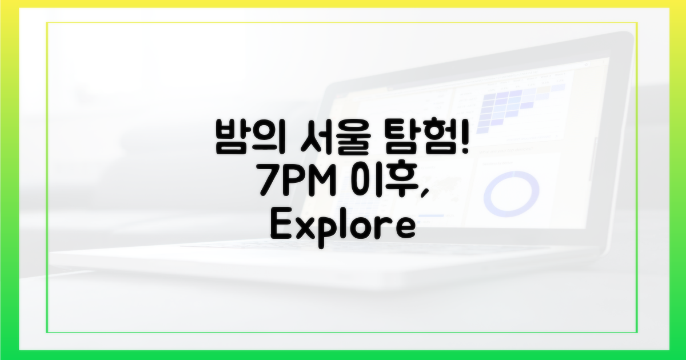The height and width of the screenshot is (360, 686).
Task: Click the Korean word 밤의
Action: pos(250,137)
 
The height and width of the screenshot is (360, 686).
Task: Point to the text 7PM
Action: pos(298,180)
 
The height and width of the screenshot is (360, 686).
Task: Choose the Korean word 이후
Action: pos(384,180)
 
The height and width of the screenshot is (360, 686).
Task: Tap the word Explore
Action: pos(343,227)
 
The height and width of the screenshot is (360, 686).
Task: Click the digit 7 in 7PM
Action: pos(269,181)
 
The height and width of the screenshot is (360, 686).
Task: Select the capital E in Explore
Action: pos(281,223)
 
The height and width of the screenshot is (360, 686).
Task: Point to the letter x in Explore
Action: pos(305,227)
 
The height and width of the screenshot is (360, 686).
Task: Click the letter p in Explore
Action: pos(330,232)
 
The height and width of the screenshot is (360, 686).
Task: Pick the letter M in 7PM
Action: pos(321,181)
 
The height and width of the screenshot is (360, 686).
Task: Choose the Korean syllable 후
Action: pos(401,181)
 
